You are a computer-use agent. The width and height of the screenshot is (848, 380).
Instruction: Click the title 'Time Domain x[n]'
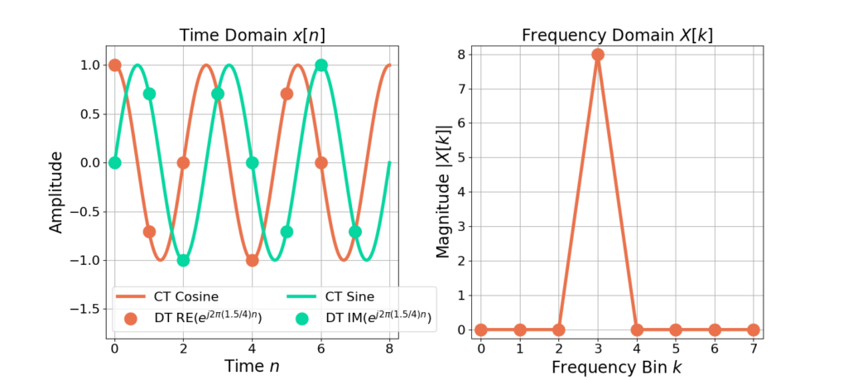pyautogui.click(x=256, y=36)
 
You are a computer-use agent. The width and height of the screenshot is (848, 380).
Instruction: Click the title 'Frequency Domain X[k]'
pyautogui.click(x=617, y=36)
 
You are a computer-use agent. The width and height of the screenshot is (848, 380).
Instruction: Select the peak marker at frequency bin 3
pyautogui.click(x=598, y=55)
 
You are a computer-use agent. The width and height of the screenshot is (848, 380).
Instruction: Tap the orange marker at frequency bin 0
pyautogui.click(x=481, y=329)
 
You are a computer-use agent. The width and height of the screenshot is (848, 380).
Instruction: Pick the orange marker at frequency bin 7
pyautogui.click(x=754, y=329)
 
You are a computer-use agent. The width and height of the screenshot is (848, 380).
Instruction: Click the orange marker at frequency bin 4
pyautogui.click(x=637, y=329)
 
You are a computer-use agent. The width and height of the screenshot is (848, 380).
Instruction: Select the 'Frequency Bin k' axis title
pyautogui.click(x=617, y=366)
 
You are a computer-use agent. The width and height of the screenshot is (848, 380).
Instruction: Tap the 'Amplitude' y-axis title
pyautogui.click(x=55, y=191)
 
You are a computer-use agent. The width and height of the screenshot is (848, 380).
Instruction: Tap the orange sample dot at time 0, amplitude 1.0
pyautogui.click(x=115, y=65)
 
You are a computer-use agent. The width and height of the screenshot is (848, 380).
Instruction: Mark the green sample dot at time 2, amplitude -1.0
pyautogui.click(x=184, y=260)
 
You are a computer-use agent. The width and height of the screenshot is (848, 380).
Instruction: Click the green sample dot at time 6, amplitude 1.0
pyautogui.click(x=321, y=65)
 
